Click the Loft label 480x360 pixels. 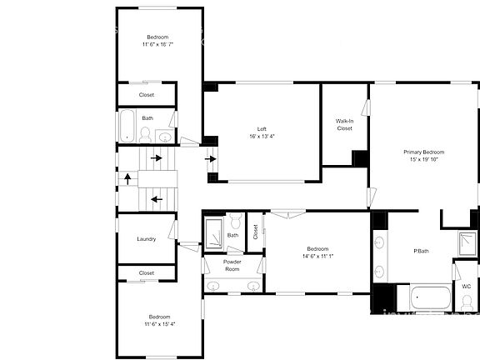click(262, 129)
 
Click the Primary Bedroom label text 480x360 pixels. click(423, 152)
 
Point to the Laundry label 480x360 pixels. click(147, 239)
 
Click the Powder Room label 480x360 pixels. click(232, 265)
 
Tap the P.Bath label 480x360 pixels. click(421, 252)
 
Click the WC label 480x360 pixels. click(466, 286)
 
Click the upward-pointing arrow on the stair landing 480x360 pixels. click(127, 177)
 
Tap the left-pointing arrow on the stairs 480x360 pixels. click(156, 199)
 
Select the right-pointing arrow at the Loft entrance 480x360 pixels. click(212, 157)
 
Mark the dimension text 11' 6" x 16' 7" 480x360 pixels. click(159, 45)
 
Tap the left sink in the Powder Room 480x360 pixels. click(214, 286)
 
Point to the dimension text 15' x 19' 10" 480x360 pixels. click(423, 160)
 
